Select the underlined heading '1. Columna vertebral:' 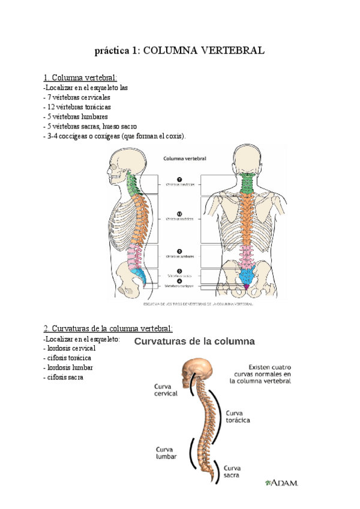point(80,77)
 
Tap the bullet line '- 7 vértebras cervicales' point(77,97)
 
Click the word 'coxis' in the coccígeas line point(174,136)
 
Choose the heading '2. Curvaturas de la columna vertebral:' point(108,328)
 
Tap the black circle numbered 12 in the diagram point(179,213)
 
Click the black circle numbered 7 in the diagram point(179,179)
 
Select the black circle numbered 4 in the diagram point(179,280)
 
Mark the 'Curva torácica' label point(238,417)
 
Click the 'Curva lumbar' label point(166,452)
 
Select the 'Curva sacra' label point(233,471)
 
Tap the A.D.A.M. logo point(281,482)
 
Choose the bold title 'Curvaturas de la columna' point(194,342)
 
